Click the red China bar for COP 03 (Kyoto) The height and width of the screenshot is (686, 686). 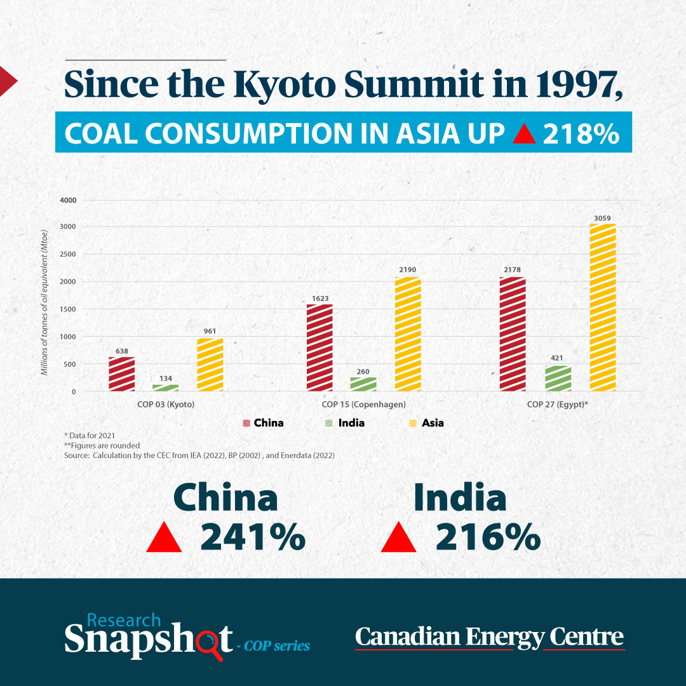coord(121,374)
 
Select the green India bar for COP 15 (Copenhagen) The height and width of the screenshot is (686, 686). coord(363,384)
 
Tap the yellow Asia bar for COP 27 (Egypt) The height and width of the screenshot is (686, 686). coord(602,307)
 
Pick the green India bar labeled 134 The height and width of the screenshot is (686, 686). coord(165,388)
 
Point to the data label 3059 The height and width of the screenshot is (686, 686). coord(602,218)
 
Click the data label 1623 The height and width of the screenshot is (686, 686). coord(319,299)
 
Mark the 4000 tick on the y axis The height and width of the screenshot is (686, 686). coord(68,200)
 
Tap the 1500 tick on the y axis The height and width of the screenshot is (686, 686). coord(68,309)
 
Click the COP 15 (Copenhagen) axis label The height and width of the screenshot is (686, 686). coord(363,404)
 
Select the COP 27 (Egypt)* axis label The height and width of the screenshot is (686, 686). coord(558,404)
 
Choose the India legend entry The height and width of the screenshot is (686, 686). coord(345,423)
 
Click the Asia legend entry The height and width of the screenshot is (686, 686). coord(426,423)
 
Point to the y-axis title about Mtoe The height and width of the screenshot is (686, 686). coord(44,302)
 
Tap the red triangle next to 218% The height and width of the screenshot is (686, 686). coord(523,133)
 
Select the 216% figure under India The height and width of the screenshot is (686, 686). coord(488,537)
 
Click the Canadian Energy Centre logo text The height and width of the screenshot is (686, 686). coord(490,637)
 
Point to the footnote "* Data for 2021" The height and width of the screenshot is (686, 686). coord(90,435)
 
